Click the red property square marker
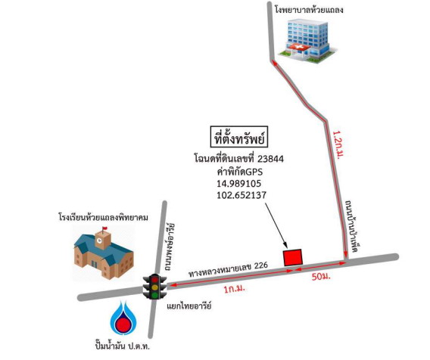(x=293, y=258)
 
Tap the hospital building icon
(x=307, y=40)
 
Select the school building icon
(x=104, y=252)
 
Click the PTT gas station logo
(x=123, y=317)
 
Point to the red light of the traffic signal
(x=155, y=280)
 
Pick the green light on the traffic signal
(x=155, y=295)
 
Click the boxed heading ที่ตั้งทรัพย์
(x=239, y=139)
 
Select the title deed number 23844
(x=270, y=159)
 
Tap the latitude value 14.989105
(x=239, y=183)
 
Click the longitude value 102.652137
(x=241, y=195)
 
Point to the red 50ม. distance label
(x=321, y=277)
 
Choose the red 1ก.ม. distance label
(x=234, y=289)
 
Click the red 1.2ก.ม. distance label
(x=338, y=145)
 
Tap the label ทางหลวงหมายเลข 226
(x=228, y=270)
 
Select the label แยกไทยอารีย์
(x=189, y=306)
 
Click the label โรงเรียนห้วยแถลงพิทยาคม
(x=104, y=218)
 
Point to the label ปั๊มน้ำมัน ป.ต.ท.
(x=123, y=346)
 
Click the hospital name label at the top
(x=309, y=10)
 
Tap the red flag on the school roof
(x=104, y=228)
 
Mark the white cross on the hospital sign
(x=298, y=48)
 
